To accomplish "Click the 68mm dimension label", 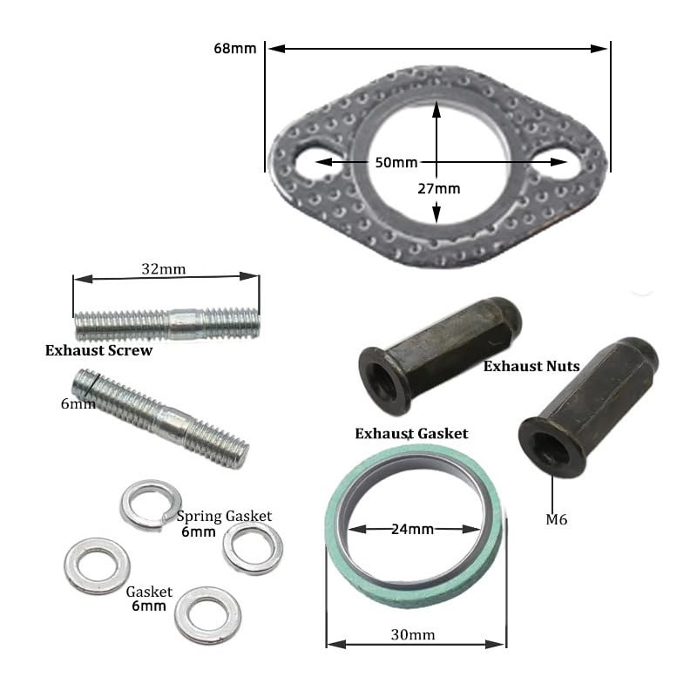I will coord(234,48).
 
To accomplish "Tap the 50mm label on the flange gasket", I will coord(396,162).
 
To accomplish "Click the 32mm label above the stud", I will coord(164,269).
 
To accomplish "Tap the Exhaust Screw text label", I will coord(98,351).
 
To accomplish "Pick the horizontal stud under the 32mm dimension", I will coord(166,324).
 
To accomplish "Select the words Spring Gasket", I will coord(224,516).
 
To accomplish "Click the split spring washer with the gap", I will coord(151,504).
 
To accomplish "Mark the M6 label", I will coord(557,519).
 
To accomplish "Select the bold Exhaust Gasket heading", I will coord(411,433).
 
